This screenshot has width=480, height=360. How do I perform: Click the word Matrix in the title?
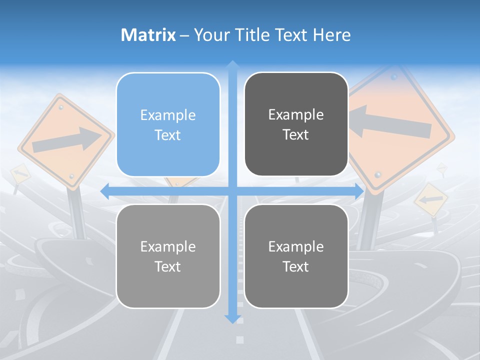[x=148, y=35]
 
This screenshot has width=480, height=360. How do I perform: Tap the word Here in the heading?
[x=331, y=35]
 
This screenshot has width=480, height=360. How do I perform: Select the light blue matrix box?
[x=168, y=124]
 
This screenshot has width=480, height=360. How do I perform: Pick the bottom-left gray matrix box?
[x=168, y=256]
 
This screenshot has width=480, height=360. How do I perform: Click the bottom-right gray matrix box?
[x=296, y=256]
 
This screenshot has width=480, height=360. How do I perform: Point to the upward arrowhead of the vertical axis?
[x=232, y=65]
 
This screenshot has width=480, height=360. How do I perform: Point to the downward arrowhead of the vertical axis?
[x=232, y=318]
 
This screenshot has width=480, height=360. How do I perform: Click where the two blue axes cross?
[x=232, y=191]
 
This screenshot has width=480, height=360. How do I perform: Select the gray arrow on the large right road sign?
[x=390, y=122]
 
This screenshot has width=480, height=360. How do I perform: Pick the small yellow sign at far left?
[x=20, y=173]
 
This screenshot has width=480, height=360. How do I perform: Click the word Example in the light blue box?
[x=168, y=115]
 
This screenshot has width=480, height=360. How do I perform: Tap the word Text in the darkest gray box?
[x=296, y=134]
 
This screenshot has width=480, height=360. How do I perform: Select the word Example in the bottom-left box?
[x=168, y=246]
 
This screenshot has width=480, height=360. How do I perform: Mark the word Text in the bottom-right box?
[x=296, y=266]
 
